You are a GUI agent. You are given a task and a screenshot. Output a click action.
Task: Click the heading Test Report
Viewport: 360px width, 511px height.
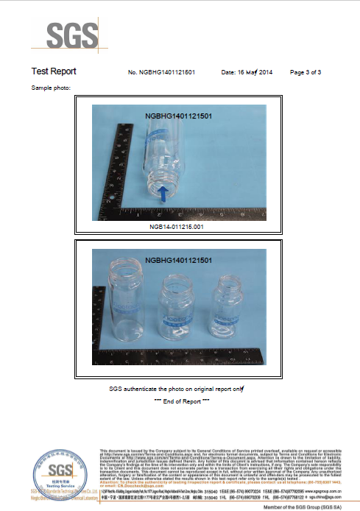[x=54, y=72]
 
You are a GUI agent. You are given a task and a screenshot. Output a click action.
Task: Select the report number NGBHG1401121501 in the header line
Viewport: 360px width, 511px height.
[x=161, y=73]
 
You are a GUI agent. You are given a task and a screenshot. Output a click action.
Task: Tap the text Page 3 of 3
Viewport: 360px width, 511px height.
[x=306, y=73]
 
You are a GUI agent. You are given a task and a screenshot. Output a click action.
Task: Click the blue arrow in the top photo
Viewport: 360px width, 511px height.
[x=163, y=194]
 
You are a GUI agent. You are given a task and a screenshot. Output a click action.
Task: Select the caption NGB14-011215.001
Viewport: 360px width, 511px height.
[x=176, y=228]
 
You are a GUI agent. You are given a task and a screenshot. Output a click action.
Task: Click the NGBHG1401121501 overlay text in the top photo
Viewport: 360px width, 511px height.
[x=179, y=116]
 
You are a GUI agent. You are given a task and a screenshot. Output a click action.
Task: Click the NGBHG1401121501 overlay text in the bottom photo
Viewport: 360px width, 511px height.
[x=179, y=261]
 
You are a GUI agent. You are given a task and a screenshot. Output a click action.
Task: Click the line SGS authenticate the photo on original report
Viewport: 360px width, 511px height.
[x=177, y=388]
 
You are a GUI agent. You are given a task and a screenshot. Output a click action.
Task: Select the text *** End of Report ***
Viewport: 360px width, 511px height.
[x=182, y=401]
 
